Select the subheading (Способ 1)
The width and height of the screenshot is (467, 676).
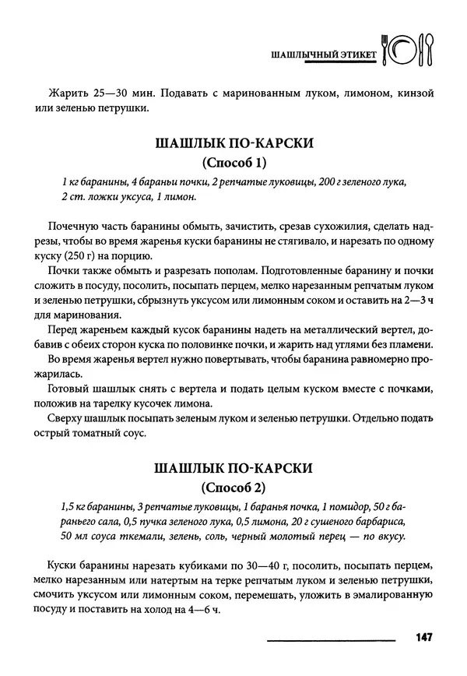tap(233, 163)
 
